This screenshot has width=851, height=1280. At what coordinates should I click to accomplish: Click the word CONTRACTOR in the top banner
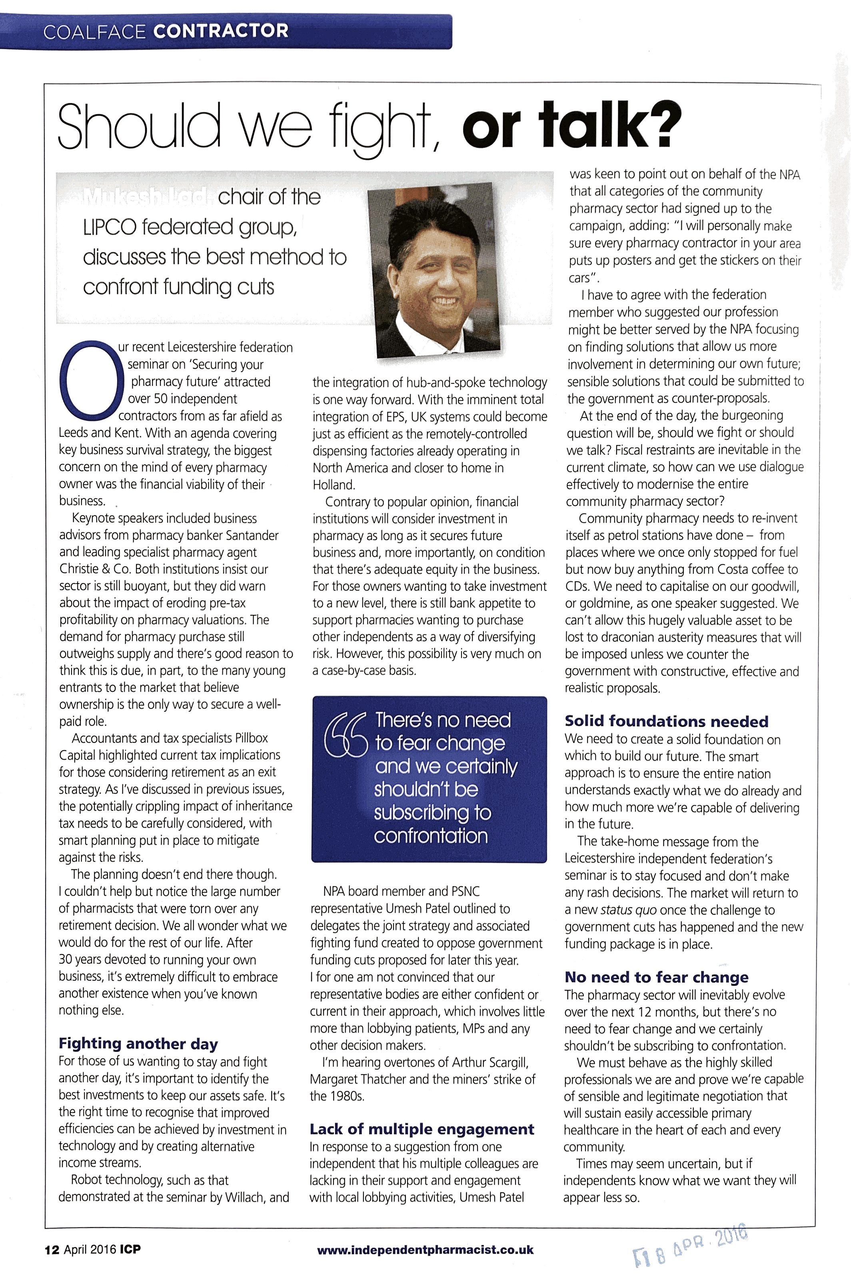pyautogui.click(x=220, y=30)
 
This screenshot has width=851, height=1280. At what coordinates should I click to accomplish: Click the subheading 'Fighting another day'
pyautogui.click(x=138, y=1043)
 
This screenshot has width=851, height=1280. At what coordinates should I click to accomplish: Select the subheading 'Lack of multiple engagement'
pyautogui.click(x=422, y=1129)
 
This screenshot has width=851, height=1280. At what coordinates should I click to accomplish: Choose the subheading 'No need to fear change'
pyautogui.click(x=656, y=977)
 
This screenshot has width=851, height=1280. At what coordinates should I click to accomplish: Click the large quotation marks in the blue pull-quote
pyautogui.click(x=346, y=733)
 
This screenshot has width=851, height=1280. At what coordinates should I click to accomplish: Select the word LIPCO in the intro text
pyautogui.click(x=109, y=227)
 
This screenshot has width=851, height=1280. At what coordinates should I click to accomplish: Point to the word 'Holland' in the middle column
pyautogui.click(x=333, y=484)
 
